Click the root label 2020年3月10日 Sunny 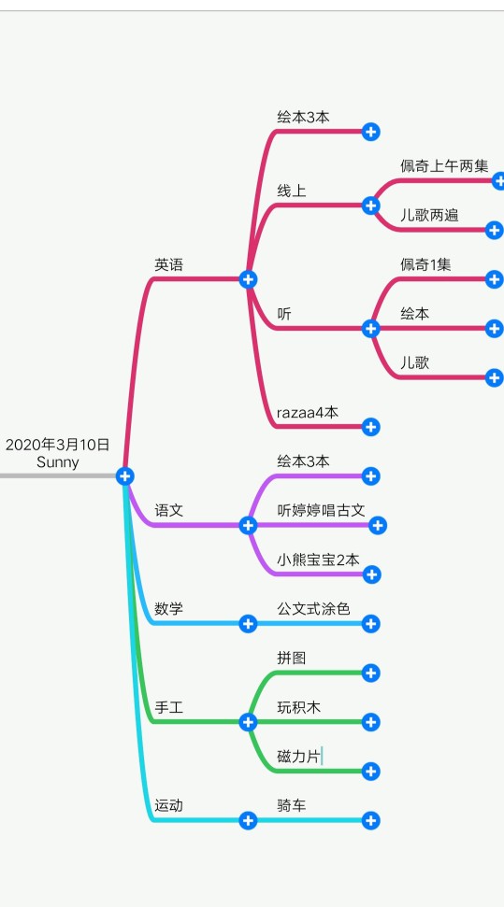(x=57, y=453)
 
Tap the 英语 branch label (x=168, y=265)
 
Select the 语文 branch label (x=168, y=510)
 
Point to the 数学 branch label (x=168, y=608)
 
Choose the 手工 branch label (x=168, y=707)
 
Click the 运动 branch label (x=168, y=805)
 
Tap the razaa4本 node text (x=308, y=413)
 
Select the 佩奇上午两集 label (x=444, y=166)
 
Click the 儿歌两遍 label (x=429, y=215)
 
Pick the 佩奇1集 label (x=425, y=265)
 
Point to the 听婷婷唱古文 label (x=321, y=510)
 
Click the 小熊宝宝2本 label (x=318, y=560)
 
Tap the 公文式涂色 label (x=313, y=608)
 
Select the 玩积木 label (x=299, y=707)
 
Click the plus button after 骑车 (x=371, y=820)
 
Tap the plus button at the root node (x=124, y=476)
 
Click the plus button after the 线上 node (x=371, y=205)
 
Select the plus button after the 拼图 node (x=371, y=673)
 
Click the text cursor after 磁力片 (x=322, y=756)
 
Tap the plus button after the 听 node (x=371, y=329)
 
